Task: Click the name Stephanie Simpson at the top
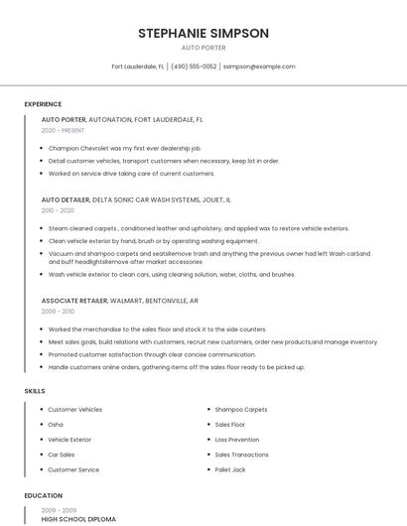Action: tap(203, 33)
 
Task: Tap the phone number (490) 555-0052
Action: tap(194, 66)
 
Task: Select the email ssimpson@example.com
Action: tap(259, 66)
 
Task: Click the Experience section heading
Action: tap(43, 104)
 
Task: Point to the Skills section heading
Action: tap(35, 391)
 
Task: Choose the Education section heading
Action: tap(44, 495)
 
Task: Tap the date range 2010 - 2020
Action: tap(58, 210)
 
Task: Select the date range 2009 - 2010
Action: tap(58, 311)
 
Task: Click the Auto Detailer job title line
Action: tap(136, 199)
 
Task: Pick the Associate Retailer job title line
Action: tap(119, 300)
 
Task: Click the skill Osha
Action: tap(56, 424)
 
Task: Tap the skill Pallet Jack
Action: tap(232, 469)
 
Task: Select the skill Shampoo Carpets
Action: tap(241, 409)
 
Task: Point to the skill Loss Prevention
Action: tap(237, 439)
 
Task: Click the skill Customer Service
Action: tap(73, 469)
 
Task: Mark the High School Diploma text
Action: tap(78, 519)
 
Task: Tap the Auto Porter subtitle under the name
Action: tap(203, 48)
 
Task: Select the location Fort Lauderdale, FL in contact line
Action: tap(138, 66)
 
